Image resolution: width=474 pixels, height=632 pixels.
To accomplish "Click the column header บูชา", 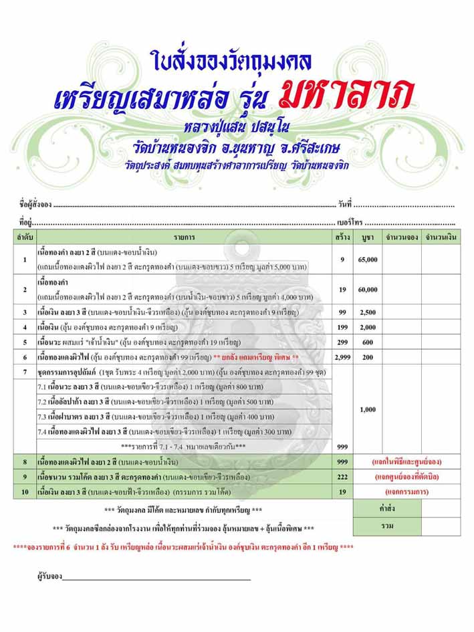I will (367, 237).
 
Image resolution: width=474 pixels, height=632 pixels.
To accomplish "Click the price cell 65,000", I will (368, 259).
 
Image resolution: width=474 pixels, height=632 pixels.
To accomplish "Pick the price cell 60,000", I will (368, 290).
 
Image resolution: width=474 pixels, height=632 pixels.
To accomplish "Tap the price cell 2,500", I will (368, 312).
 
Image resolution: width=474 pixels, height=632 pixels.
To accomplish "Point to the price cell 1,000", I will (368, 409).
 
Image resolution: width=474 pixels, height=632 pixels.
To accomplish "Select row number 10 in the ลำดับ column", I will (25, 492).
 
